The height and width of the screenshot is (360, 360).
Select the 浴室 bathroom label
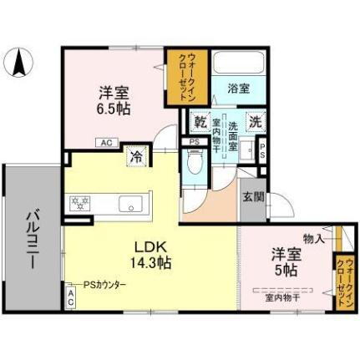(x=238, y=87)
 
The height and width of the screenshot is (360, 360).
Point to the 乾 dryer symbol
(x=200, y=121)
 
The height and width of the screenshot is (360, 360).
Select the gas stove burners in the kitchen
(x=82, y=204)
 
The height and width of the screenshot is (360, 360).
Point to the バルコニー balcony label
(x=31, y=237)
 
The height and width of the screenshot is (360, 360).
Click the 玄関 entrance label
(x=252, y=197)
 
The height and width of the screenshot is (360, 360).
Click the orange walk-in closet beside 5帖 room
(x=342, y=281)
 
